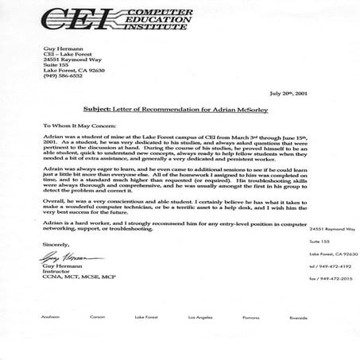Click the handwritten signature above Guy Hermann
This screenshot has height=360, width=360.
(x=58, y=281)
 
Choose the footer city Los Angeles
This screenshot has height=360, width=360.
(x=199, y=339)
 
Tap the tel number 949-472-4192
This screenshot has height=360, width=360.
(x=331, y=289)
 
